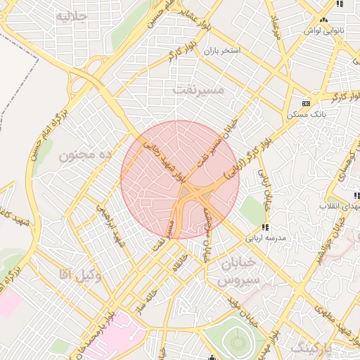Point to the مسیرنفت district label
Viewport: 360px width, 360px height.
click(198, 89)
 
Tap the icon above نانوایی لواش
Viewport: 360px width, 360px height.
click(340, 4)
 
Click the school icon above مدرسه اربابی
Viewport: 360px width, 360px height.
click(265, 226)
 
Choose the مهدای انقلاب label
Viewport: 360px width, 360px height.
click(338, 206)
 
